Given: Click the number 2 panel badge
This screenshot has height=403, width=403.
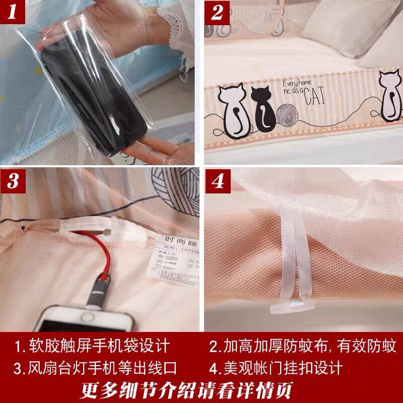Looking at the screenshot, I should [218, 14].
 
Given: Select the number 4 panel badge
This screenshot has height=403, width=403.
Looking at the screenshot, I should [218, 182].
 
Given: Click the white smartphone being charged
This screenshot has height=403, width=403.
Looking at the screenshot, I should [86, 317].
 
